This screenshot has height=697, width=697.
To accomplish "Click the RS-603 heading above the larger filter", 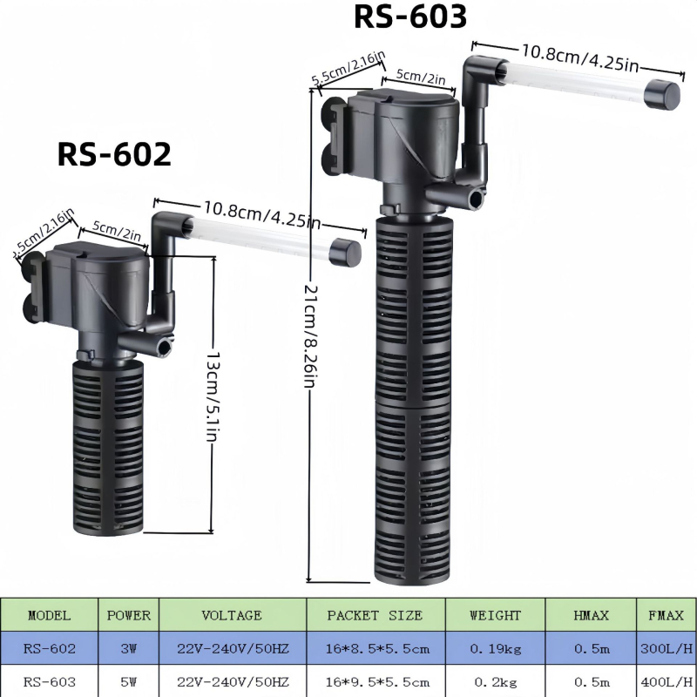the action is coord(409,17).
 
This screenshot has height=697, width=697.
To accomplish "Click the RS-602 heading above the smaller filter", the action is coord(114,154).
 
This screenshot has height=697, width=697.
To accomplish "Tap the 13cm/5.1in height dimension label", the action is coord(213,396).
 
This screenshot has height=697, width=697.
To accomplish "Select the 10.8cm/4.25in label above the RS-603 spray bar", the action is coord(579,58).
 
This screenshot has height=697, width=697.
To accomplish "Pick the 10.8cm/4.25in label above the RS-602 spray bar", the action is coord(262,214).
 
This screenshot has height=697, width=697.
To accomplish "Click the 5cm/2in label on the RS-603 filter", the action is coord(421,76).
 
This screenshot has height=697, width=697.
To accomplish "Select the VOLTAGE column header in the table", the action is coord(231,615).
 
